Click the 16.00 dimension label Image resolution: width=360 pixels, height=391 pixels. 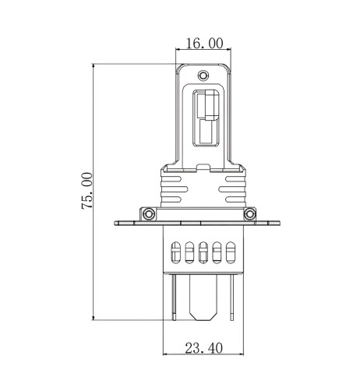[x=205, y=43]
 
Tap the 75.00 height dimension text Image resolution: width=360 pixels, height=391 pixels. [x=87, y=191]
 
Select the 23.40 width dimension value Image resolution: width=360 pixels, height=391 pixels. [x=203, y=348]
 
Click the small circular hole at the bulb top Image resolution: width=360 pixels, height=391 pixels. [x=203, y=76]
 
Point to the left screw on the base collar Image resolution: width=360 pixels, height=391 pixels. [x=149, y=213]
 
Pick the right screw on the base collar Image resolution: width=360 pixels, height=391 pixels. [x=249, y=213]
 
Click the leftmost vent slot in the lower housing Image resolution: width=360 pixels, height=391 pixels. [x=175, y=252]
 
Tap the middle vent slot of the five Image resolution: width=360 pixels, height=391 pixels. [x=203, y=252]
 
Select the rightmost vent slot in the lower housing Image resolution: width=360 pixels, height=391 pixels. [x=230, y=252]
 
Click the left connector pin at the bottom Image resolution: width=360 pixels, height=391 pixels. [x=175, y=297]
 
